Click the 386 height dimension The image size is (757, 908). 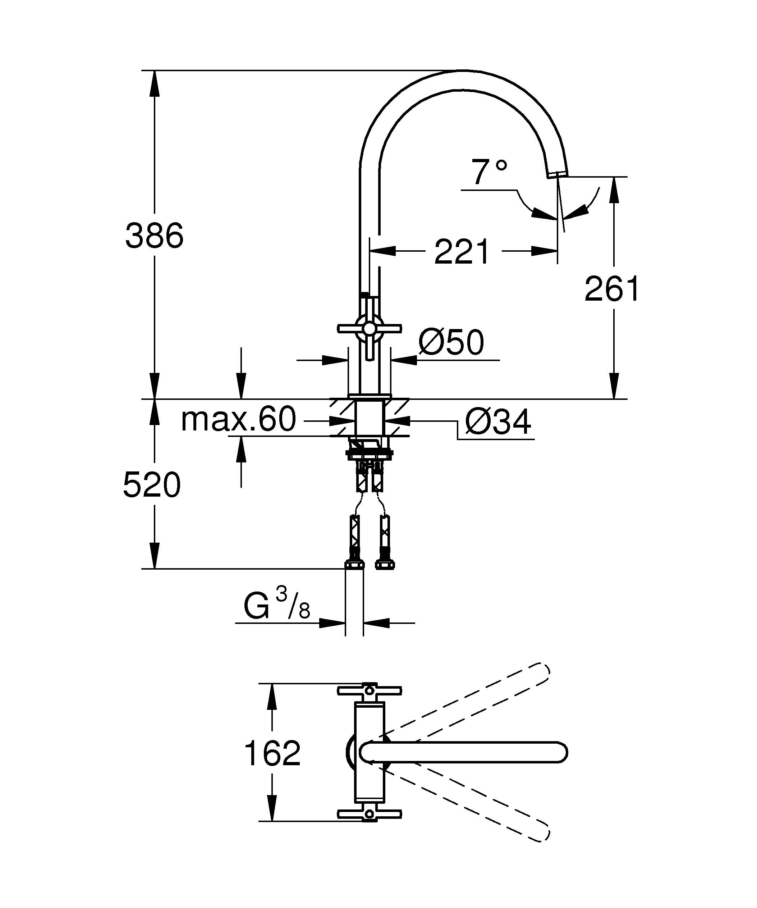(x=154, y=236)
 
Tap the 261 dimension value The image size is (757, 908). (x=611, y=289)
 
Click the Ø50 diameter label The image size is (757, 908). (x=451, y=342)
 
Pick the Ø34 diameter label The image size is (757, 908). (x=498, y=423)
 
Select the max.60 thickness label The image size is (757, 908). (x=239, y=419)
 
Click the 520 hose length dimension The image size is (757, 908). (x=152, y=485)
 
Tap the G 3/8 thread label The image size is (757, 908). (x=276, y=606)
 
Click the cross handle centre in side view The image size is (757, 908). (x=369, y=329)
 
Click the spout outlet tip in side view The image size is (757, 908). (x=558, y=174)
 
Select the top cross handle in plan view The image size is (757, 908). (x=369, y=691)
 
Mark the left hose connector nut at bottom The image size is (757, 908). (x=354, y=564)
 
